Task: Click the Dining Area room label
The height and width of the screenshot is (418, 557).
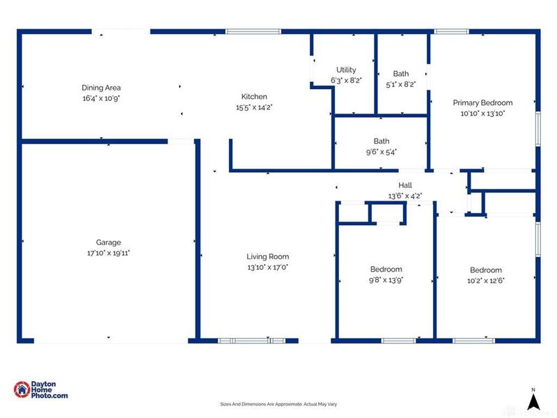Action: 101,88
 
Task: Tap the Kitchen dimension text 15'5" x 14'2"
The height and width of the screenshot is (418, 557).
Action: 254,107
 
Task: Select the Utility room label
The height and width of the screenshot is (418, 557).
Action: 346,70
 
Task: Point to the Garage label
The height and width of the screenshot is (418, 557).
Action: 109,242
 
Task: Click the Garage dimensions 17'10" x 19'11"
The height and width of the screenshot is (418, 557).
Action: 109,253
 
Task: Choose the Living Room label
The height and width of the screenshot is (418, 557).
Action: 268,256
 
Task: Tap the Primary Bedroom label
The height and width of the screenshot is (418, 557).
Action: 483,102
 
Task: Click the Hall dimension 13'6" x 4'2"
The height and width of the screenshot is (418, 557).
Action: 405,196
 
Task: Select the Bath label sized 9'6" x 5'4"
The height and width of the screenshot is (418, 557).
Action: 381,141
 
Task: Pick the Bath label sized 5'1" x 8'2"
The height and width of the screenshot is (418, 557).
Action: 401,74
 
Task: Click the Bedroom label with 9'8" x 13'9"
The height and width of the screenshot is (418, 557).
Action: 386,269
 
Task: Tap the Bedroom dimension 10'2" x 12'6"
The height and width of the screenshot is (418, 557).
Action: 485,281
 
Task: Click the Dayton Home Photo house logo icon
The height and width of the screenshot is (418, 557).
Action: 22,389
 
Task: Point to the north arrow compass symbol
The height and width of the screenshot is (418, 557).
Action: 533,401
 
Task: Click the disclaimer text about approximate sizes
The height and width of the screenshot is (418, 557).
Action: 278,404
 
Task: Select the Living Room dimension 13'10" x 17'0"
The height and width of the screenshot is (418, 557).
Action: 268,268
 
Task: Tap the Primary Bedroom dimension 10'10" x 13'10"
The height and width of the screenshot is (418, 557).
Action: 483,114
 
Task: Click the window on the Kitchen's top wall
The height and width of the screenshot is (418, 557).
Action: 253,31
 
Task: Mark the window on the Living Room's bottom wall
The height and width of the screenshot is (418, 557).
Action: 251,341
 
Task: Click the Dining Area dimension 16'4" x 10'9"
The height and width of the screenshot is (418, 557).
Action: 101,98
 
